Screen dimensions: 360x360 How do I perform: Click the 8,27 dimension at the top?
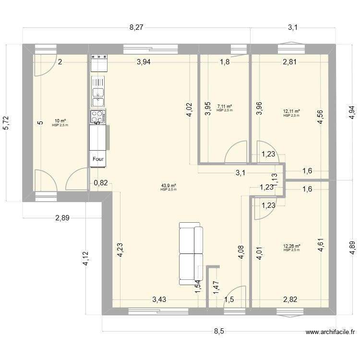[136, 28]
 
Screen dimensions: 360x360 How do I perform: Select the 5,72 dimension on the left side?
[6, 122]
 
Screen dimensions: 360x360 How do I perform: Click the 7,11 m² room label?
[224, 108]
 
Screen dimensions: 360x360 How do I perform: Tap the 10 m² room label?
[60, 122]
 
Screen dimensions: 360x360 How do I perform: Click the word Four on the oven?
[99, 160]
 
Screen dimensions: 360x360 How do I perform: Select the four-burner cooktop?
[98, 117]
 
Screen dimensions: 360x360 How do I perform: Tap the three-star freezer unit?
[99, 58]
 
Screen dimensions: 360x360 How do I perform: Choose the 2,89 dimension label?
[62, 218]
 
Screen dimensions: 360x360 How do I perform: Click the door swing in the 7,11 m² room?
[234, 153]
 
